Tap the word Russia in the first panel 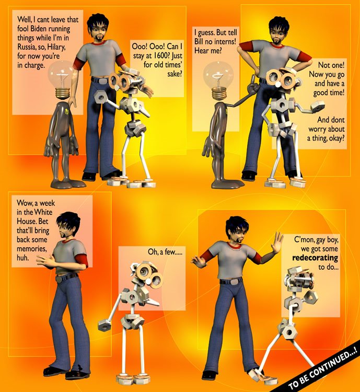(x=27, y=47)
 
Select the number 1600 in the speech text (x=161, y=55)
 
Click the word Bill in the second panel (x=199, y=41)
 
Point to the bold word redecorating (x=315, y=258)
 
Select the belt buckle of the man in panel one (x=103, y=81)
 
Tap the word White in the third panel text (x=43, y=212)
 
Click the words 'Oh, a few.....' (x=165, y=251)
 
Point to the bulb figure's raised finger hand (x=253, y=86)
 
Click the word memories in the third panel (x=31, y=249)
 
